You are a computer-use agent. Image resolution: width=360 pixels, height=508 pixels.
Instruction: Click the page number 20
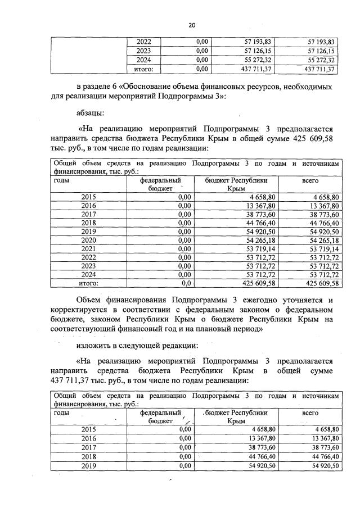pyautogui.click(x=191, y=25)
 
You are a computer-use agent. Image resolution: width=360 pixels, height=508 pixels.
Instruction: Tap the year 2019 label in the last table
pyautogui.click(x=89, y=466)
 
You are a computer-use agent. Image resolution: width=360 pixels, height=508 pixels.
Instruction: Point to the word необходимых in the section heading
pyautogui.click(x=308, y=87)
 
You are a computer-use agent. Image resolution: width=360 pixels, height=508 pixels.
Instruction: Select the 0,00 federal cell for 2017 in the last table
pyautogui.click(x=183, y=448)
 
